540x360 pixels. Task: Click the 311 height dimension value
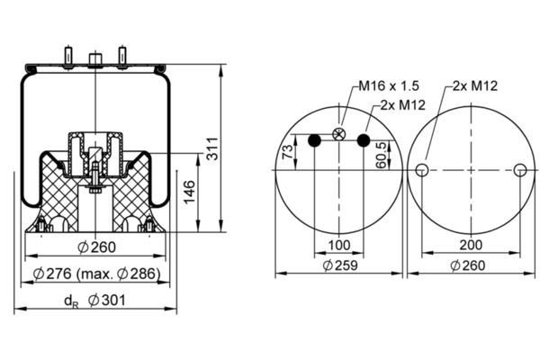tap(212, 148)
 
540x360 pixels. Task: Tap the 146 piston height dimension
tap(189, 192)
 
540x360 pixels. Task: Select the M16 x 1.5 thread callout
tap(389, 85)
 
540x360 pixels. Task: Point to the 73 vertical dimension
tap(287, 152)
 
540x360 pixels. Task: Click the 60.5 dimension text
tap(382, 156)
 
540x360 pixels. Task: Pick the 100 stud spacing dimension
tap(339, 246)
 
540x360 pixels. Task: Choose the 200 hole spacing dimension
tap(471, 245)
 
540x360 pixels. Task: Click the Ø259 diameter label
tap(340, 265)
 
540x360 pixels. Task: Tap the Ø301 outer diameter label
tap(107, 301)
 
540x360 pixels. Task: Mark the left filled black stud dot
tap(314, 140)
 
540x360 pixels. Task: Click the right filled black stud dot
tap(364, 140)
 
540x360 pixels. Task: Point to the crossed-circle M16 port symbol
tap(339, 134)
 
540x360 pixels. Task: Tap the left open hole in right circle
tap(422, 170)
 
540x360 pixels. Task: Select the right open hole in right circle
tap(520, 170)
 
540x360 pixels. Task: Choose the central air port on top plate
tap(95, 58)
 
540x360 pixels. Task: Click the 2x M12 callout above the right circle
tap(475, 85)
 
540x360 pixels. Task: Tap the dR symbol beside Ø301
tap(71, 301)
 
